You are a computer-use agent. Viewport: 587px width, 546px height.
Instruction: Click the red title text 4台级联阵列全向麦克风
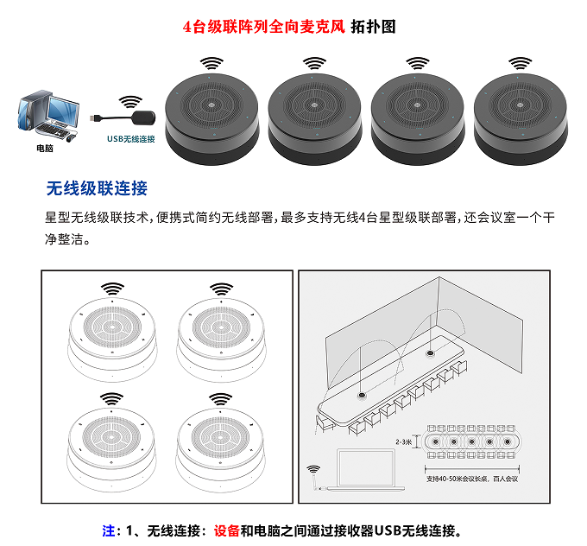click(263, 26)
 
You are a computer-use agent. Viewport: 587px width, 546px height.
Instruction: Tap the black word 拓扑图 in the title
click(373, 26)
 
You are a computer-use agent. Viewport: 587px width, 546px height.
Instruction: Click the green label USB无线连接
click(130, 138)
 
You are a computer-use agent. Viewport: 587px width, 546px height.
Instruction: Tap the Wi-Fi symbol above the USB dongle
click(130, 100)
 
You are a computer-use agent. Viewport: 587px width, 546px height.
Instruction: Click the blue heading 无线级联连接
click(97, 188)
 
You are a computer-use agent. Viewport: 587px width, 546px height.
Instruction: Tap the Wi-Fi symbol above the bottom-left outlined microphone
click(110, 398)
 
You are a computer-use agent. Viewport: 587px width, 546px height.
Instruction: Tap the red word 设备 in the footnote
click(225, 530)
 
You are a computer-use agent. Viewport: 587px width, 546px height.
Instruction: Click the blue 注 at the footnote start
click(108, 530)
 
